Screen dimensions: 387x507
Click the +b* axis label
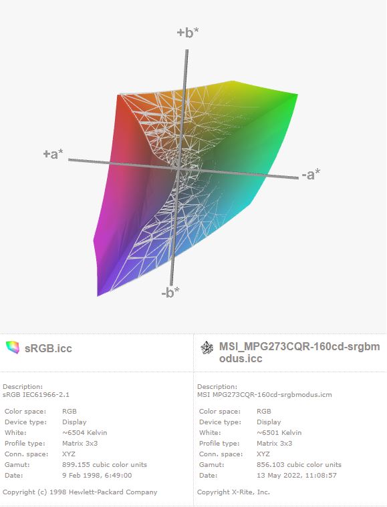point(188,33)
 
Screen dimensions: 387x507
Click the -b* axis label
point(170,292)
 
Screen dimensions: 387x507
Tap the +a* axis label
point(53,154)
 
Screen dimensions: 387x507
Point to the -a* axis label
point(311,174)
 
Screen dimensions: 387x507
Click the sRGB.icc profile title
point(48,348)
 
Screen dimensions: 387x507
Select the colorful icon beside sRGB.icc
point(13,348)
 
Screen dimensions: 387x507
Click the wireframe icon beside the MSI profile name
point(207,348)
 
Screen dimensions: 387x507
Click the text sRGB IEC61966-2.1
point(36,394)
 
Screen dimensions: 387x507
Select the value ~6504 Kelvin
point(84,433)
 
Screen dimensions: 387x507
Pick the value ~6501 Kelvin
point(279,433)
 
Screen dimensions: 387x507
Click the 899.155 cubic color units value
point(104,465)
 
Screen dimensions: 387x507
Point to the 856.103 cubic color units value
point(299,465)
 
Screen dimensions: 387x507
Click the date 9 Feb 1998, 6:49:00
point(97,475)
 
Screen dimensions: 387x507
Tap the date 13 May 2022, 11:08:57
point(297,475)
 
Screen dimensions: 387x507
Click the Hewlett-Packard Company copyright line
point(80,492)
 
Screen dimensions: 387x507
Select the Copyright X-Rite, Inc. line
point(233,492)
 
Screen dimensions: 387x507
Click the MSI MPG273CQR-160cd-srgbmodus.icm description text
point(265,394)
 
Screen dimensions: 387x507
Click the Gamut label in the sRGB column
point(17,465)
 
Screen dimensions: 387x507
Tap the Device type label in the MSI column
point(220,422)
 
